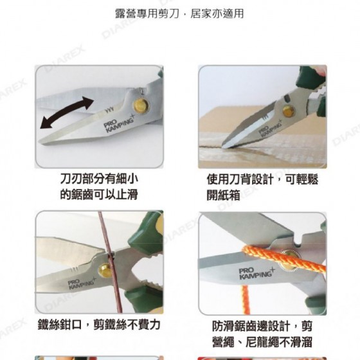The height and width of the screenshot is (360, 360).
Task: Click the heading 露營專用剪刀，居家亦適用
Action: click(179, 14)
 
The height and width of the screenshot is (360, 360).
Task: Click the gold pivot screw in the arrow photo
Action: click(141, 106)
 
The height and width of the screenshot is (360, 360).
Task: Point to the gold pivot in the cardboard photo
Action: click(289, 111)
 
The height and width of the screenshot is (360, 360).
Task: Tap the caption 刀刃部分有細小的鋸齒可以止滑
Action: click(99, 186)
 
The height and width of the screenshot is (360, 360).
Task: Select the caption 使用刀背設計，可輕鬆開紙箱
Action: click(262, 187)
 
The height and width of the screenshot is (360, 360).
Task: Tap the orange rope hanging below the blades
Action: click(246, 300)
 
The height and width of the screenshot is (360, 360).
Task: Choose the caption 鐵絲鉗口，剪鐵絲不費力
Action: click(99, 325)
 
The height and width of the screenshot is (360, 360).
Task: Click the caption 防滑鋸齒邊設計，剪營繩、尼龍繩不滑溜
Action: click(262, 334)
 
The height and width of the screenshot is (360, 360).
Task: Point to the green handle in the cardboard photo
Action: click(312, 78)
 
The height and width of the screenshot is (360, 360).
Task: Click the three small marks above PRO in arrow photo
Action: click(109, 110)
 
